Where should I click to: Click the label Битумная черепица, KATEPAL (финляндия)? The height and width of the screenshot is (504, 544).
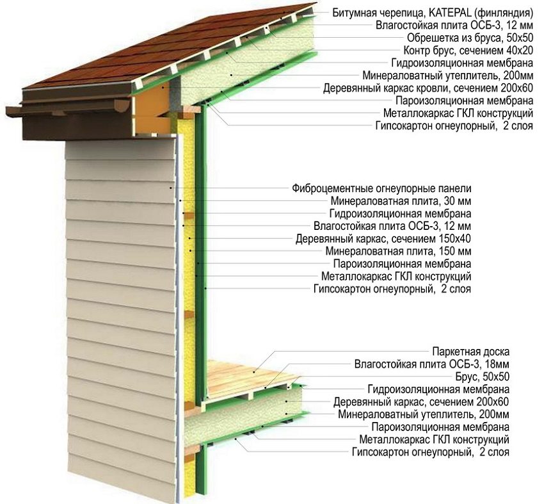433,12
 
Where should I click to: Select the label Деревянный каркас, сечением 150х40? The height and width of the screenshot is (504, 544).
384,239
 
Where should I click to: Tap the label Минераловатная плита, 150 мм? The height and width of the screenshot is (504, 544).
398,251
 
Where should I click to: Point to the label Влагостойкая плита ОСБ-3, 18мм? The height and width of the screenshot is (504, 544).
432,364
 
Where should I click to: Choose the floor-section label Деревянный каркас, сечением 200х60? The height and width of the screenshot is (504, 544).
421,402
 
